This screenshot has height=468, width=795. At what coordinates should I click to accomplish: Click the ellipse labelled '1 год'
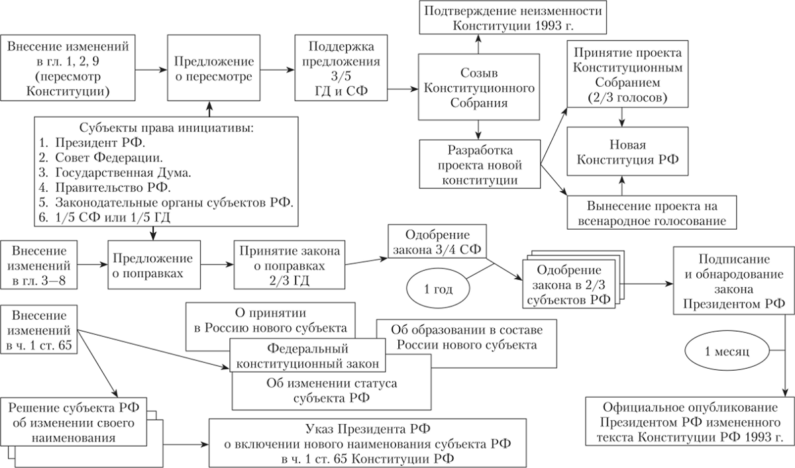(437, 289)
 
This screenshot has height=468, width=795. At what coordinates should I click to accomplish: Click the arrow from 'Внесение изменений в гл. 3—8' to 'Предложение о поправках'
(93, 265)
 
